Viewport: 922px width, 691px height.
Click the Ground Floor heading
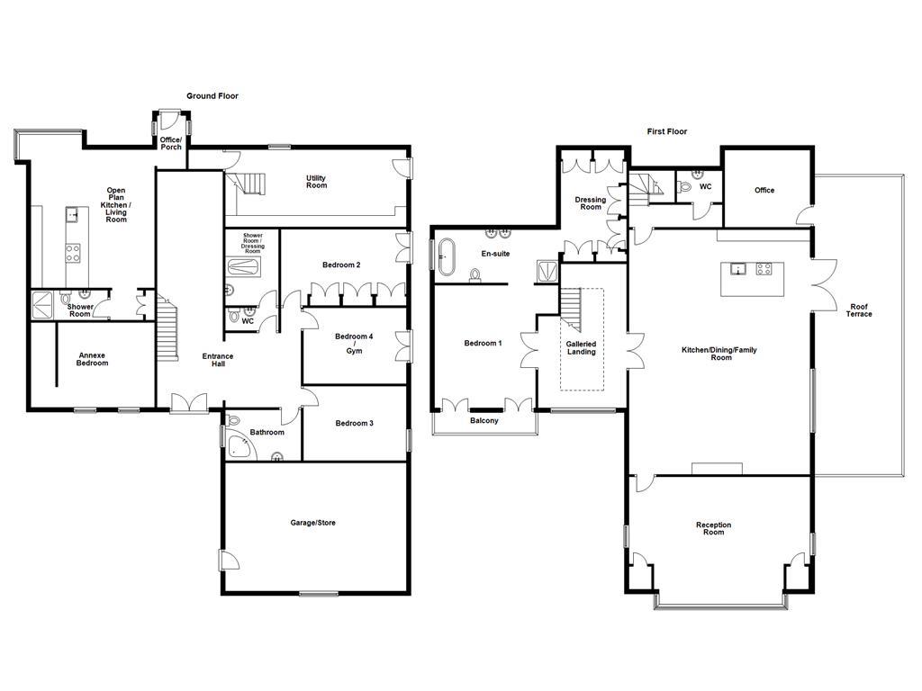[212, 95]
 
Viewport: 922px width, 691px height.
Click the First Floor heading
[667, 131]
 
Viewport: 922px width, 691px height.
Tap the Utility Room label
[316, 182]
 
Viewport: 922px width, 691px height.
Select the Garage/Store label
[312, 523]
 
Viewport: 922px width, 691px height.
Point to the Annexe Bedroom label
[93, 359]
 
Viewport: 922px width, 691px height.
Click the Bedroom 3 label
[354, 423]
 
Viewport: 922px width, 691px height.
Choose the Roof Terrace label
[858, 310]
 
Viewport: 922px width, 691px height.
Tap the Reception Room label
[713, 528]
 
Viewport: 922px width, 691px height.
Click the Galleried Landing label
[581, 348]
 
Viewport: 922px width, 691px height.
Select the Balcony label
[484, 421]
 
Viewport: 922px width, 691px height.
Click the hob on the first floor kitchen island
[764, 269]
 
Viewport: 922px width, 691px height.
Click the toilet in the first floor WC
[683, 187]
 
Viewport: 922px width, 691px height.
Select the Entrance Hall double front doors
[188, 403]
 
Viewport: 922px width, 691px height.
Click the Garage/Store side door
[229, 560]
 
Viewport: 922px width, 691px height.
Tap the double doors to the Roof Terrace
[825, 285]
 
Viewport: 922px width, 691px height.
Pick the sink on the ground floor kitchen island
[72, 214]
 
